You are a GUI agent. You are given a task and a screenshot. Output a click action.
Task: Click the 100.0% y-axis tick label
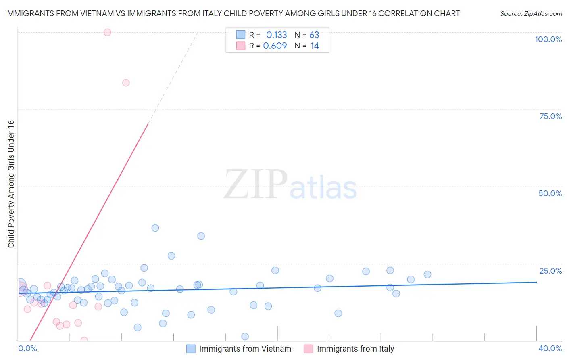click(548, 39)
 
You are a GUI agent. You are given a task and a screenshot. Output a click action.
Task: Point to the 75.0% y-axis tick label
click(550, 116)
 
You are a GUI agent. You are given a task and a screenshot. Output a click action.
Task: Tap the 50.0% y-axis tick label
click(550, 193)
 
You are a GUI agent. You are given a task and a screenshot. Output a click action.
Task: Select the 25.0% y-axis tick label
click(550, 271)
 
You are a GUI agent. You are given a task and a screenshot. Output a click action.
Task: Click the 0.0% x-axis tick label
click(27, 348)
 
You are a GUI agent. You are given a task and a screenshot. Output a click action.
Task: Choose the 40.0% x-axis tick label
click(550, 348)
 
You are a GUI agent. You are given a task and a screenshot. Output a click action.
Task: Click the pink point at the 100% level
click(107, 32)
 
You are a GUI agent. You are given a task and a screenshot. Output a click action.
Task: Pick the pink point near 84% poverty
click(126, 83)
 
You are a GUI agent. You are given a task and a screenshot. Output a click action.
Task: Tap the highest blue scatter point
click(155, 228)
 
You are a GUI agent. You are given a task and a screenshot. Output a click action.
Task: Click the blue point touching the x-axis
click(245, 337)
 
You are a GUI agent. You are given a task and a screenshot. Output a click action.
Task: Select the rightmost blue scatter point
click(427, 274)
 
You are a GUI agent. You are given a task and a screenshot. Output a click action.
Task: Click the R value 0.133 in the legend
click(277, 35)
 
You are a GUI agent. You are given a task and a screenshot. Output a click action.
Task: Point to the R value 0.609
click(275, 46)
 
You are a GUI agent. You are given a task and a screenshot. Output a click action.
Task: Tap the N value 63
click(314, 35)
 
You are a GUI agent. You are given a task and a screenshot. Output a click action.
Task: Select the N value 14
click(315, 46)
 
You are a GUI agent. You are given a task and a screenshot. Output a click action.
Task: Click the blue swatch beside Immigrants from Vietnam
click(191, 349)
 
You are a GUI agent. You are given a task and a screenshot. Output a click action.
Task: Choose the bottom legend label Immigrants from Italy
click(355, 349)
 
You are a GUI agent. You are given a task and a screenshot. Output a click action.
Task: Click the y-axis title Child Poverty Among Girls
click(11, 184)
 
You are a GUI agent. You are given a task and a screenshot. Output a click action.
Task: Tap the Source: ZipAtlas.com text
click(531, 14)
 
